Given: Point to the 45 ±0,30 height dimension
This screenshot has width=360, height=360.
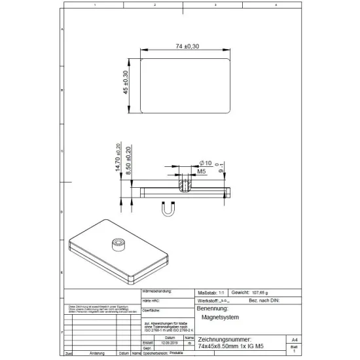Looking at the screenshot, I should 126,84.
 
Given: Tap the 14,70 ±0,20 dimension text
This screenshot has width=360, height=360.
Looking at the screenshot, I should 118,158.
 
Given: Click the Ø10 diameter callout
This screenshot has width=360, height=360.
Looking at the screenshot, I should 204,162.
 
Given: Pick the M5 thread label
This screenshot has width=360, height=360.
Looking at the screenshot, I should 202,171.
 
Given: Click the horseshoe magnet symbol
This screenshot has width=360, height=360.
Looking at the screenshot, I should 168,209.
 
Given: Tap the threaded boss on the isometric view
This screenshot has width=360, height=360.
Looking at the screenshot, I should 119,243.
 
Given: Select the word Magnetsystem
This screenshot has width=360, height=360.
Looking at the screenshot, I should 220,317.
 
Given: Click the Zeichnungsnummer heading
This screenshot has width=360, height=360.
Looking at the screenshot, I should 223,340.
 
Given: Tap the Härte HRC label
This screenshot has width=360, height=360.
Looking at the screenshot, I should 151,300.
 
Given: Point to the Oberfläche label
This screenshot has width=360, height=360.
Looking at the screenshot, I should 152,309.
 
